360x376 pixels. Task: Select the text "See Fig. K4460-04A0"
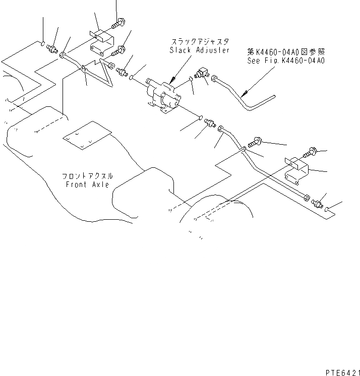tap(286, 60)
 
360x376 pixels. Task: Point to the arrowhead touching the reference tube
tap(243, 94)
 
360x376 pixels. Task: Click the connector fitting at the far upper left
tap(52, 48)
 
